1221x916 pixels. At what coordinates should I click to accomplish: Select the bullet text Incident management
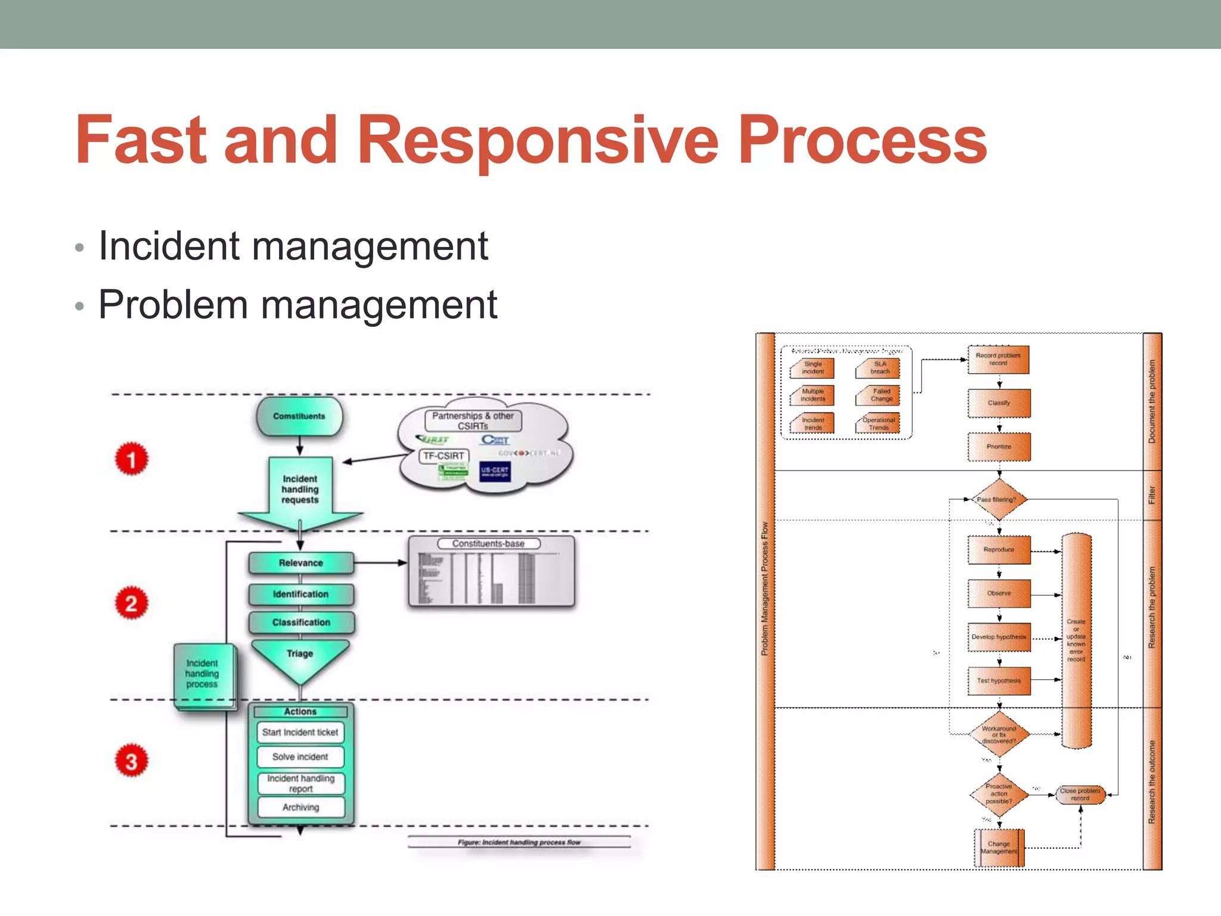[x=293, y=246]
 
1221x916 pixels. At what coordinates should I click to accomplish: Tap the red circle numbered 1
[x=131, y=459]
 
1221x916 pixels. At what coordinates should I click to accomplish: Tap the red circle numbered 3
[x=131, y=761]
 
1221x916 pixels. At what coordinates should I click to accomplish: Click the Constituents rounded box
[x=299, y=416]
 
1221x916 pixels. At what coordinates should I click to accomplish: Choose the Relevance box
[x=301, y=563]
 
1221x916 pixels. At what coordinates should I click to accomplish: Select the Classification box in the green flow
[x=301, y=623]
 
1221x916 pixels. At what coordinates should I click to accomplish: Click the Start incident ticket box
[x=300, y=732]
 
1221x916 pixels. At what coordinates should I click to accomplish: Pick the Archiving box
[x=301, y=807]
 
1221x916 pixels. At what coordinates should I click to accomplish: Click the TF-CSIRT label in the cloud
[x=444, y=456]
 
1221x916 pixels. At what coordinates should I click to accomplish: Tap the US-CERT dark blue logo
[x=495, y=471]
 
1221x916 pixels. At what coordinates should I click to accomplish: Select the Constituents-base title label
[x=488, y=544]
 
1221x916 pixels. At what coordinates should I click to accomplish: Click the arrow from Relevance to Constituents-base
[x=380, y=562]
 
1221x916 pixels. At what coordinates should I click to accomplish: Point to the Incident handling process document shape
[x=203, y=675]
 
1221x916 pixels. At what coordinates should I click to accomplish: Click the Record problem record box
[x=998, y=360]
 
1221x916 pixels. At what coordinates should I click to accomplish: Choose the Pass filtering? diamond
[x=998, y=500]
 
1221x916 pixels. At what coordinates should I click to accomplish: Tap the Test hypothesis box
[x=999, y=681]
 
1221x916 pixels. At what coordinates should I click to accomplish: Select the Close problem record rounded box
[x=1080, y=795]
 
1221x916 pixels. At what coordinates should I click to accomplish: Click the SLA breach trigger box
[x=879, y=368]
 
